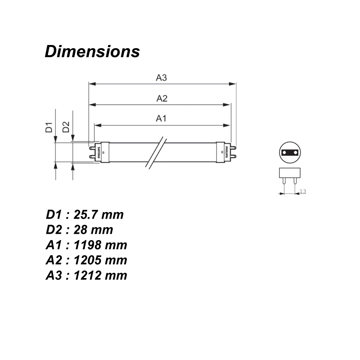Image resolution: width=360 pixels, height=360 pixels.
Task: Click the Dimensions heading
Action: (x=92, y=51)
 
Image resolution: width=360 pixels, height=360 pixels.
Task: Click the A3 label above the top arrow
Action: (x=161, y=78)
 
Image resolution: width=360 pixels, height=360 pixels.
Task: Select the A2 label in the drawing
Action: (x=162, y=98)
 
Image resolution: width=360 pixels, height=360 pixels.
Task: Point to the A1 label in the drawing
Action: (x=161, y=118)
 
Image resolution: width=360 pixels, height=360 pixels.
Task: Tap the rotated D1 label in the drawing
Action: (x=49, y=127)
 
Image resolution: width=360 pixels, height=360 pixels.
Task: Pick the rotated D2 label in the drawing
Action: (x=66, y=127)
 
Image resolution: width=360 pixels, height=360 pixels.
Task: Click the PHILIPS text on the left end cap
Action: (x=99, y=153)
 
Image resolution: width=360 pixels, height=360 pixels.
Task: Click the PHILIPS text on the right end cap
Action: (x=227, y=152)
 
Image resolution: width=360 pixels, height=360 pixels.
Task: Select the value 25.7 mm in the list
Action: (x=98, y=215)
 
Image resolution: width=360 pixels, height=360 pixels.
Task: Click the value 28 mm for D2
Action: (x=93, y=230)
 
